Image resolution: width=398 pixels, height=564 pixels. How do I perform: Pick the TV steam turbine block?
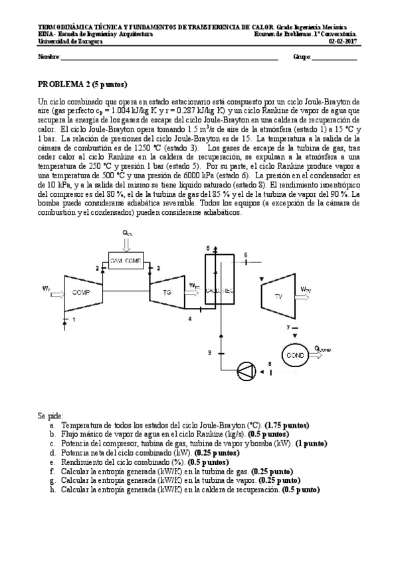coord(278,296)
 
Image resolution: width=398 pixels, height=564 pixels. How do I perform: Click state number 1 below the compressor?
coord(74,320)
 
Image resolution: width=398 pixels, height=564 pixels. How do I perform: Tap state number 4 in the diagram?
coord(190,319)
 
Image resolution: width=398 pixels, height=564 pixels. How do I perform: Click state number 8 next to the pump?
coord(269,363)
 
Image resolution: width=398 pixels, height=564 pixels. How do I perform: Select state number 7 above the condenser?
coord(288,328)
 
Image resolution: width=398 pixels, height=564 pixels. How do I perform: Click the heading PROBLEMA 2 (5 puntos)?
coord(82,84)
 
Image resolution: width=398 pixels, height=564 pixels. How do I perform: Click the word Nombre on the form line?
coord(49,58)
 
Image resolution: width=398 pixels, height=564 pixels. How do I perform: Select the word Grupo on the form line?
coord(302,58)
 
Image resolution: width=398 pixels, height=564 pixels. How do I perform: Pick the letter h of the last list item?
coord(51,490)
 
